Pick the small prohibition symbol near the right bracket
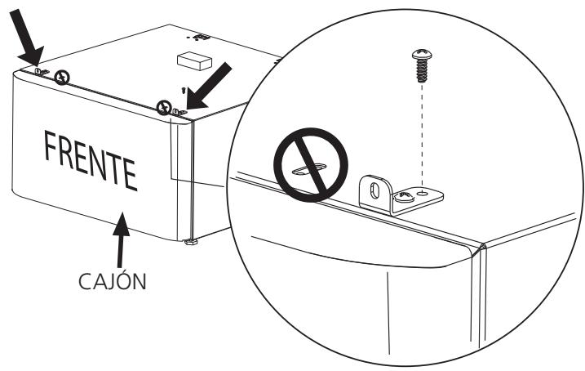(165, 106)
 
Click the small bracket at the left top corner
(42, 72)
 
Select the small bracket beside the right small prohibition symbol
(178, 110)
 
